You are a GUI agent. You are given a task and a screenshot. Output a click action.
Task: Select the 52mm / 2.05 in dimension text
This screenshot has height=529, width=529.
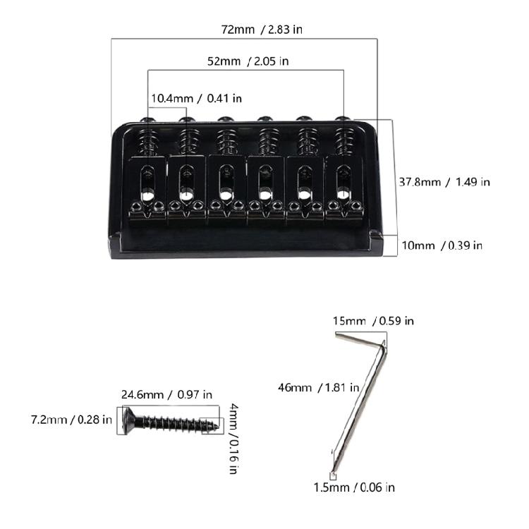coord(248,61)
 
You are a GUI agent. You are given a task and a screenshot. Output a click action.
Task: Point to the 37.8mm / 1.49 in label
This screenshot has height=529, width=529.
coord(444,182)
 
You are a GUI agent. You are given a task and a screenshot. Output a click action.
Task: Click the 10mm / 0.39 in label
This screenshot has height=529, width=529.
coord(442,245)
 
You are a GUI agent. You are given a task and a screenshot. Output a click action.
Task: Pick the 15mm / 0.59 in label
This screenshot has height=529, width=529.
coord(374,321)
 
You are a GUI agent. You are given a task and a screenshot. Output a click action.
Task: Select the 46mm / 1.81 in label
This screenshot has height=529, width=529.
coord(319,387)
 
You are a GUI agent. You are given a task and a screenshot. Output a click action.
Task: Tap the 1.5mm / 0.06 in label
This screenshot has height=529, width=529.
coord(354,487)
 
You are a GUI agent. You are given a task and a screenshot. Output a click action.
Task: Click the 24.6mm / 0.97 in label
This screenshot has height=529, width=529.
coord(166,395)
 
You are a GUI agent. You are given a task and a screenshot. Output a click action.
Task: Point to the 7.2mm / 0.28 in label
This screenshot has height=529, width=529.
coord(71,420)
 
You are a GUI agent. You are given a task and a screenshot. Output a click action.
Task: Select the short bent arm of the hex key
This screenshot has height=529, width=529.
coord(360,340)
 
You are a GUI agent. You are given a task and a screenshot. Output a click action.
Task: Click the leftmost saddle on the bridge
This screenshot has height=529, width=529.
coord(147,187)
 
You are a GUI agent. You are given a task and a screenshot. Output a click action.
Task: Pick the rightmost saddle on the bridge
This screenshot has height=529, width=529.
coord(343,187)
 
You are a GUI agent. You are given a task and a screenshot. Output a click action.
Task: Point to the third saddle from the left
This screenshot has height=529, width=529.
coord(225,187)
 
